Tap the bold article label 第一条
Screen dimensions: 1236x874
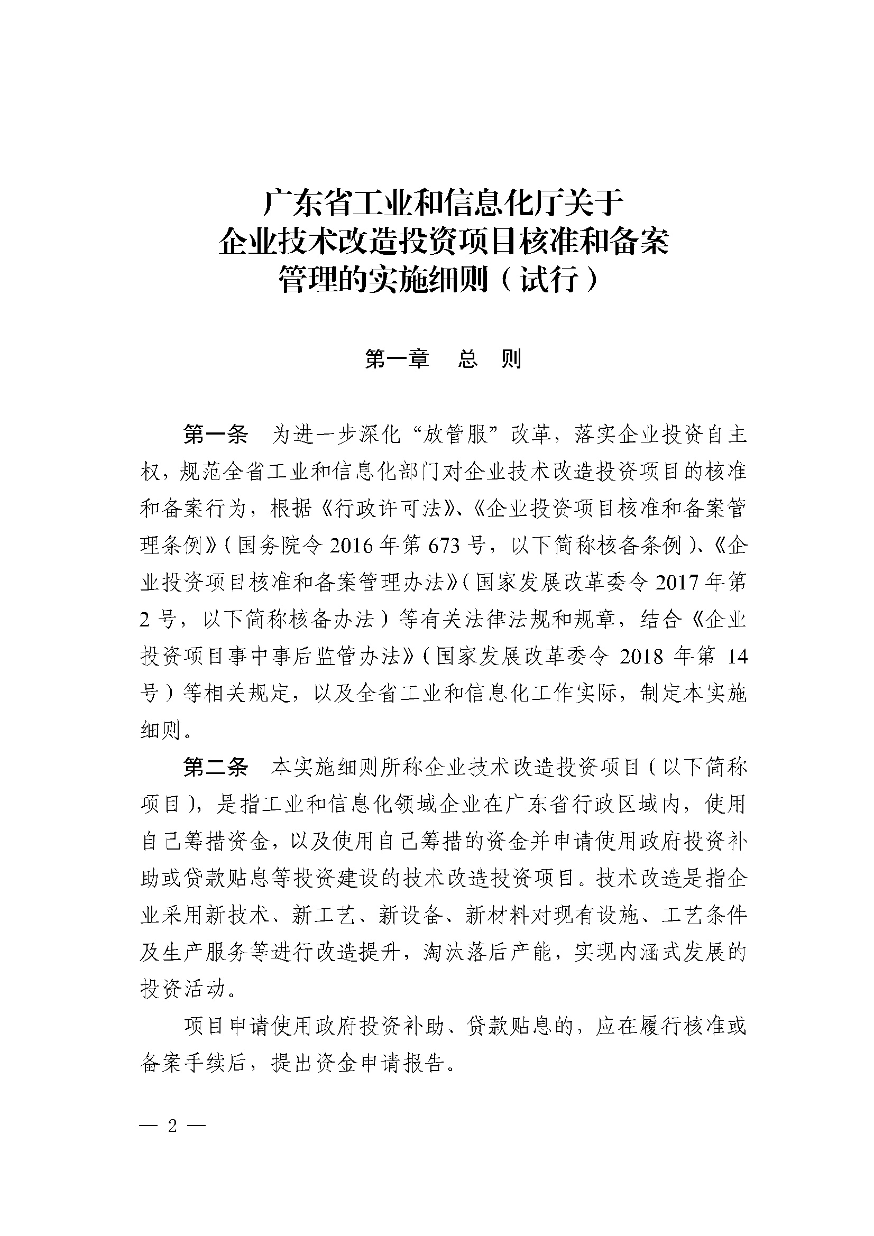point(215,434)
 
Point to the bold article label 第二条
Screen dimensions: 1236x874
point(215,767)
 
